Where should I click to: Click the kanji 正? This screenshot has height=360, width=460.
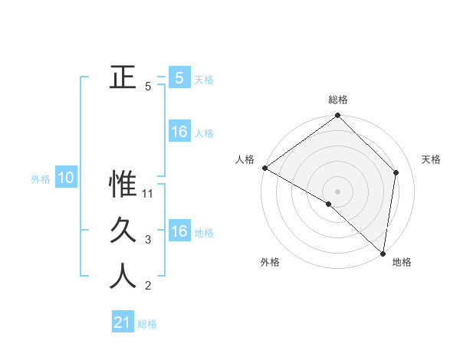(x=123, y=77)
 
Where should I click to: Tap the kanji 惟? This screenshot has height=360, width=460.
(x=123, y=184)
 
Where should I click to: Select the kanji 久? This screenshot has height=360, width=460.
(x=123, y=230)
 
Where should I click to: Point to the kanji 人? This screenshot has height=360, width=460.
(x=123, y=277)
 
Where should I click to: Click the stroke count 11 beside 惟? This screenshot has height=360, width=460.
(x=149, y=194)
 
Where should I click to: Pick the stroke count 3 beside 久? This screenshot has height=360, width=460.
(x=148, y=240)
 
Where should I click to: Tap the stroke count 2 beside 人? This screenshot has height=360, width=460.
(x=148, y=286)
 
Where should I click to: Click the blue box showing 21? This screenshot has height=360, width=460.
(x=123, y=322)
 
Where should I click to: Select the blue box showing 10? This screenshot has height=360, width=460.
(x=66, y=178)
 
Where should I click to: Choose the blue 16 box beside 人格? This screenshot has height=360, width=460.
(x=179, y=133)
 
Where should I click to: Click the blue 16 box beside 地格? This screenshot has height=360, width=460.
(x=179, y=232)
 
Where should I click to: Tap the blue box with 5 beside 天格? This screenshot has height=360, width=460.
(x=179, y=77)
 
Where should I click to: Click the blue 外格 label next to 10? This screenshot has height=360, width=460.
(x=41, y=179)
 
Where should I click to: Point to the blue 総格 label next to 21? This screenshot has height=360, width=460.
(x=147, y=324)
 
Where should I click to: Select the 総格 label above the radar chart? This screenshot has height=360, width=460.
(x=338, y=100)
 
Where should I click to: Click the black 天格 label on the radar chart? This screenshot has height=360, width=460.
(x=431, y=159)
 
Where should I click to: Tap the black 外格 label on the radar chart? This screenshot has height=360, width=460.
(x=270, y=262)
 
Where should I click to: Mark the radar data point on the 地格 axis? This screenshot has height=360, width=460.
(x=383, y=253)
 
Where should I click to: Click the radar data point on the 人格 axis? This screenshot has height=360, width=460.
(x=264, y=168)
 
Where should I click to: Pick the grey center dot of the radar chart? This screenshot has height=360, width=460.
(x=337, y=191)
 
